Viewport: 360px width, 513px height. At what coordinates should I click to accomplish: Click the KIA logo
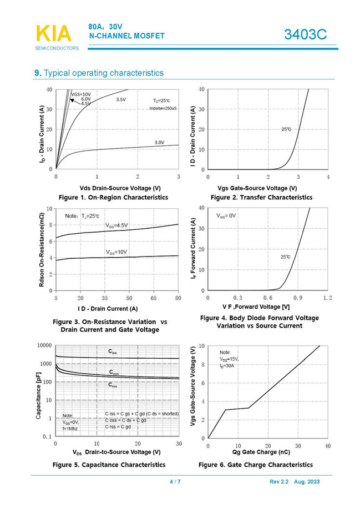54,33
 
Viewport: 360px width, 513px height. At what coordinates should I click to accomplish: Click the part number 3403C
305,35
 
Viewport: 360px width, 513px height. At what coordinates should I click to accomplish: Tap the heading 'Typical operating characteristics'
103,73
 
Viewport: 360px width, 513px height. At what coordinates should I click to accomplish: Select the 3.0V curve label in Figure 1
159,143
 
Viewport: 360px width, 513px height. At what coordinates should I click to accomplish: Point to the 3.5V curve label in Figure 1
120,99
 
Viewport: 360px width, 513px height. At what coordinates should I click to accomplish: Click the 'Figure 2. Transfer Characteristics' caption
261,197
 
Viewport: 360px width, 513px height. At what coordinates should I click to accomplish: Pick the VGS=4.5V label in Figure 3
116,225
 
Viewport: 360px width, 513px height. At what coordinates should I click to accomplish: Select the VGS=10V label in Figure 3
116,252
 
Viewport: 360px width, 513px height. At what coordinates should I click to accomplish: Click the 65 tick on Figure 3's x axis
154,298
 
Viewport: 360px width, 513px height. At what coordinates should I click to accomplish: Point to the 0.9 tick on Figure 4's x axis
297,298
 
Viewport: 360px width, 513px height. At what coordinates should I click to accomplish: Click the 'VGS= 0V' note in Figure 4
226,215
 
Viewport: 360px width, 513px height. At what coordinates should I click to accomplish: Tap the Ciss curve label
113,351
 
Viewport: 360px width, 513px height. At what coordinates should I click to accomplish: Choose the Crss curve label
113,385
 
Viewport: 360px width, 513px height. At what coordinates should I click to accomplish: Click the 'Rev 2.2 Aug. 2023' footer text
295,482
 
